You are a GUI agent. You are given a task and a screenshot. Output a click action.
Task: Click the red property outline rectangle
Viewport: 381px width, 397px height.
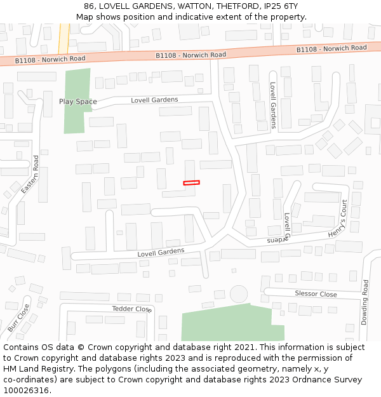pyautogui.click(x=191, y=183)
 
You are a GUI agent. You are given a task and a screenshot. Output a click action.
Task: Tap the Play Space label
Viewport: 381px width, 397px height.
pyautogui.click(x=78, y=102)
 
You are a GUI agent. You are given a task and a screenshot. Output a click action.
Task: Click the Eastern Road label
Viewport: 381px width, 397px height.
pyautogui.click(x=30, y=175)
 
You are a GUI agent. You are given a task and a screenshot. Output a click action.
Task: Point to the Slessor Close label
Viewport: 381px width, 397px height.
pyautogui.click(x=316, y=293)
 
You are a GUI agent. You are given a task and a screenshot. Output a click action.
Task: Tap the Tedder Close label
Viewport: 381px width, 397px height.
pyautogui.click(x=132, y=309)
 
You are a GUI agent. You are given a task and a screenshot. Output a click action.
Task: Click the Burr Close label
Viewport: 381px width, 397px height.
pyautogui.click(x=18, y=318)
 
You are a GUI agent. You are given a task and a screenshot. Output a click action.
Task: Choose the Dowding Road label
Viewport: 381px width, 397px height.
pyautogui.click(x=364, y=302)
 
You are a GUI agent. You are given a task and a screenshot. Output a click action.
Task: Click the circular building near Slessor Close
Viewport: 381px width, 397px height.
pyautogui.click(x=239, y=294)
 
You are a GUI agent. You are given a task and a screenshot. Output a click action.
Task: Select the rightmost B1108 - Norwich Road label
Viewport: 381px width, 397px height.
pyautogui.click(x=331, y=49)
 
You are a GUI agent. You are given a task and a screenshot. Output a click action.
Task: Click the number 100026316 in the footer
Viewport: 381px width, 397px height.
pyautogui.click(x=26, y=390)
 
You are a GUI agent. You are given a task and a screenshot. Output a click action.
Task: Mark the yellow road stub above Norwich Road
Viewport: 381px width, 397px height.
pyautogui.click(x=63, y=38)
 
